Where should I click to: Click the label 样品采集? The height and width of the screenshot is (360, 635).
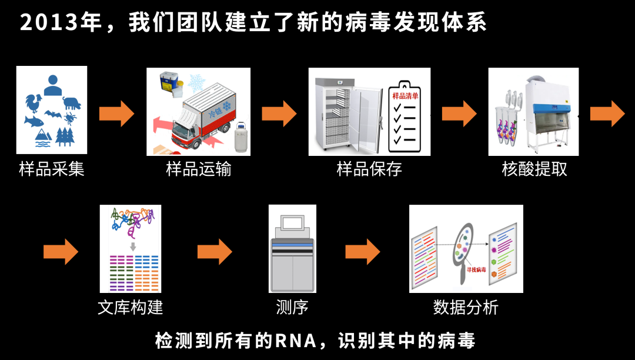point(52,169)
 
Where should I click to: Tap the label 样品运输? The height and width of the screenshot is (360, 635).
point(199,169)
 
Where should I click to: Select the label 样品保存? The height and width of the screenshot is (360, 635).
point(369,169)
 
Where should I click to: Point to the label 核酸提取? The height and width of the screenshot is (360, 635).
point(534,169)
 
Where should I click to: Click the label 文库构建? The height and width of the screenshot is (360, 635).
point(130,307)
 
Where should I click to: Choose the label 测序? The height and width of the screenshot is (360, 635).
point(292,307)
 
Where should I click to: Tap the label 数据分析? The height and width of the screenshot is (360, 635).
point(466,307)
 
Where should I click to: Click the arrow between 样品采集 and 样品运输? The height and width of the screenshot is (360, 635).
point(116,113)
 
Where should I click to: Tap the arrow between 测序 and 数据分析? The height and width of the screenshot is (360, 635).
point(363,251)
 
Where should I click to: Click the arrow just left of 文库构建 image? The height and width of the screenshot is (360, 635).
point(61,251)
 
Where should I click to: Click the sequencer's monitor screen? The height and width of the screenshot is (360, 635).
point(292,222)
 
